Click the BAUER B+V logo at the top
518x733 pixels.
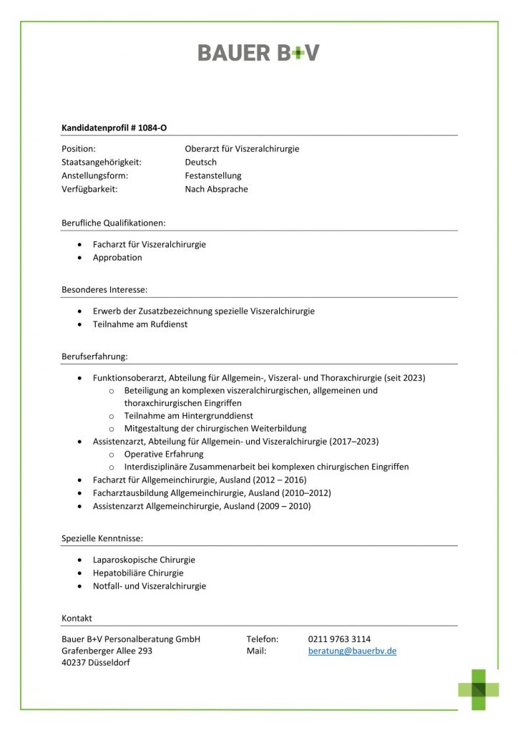258,52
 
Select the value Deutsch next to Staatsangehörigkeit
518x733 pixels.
200,162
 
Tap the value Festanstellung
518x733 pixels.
213,176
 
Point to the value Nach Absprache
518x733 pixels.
216,190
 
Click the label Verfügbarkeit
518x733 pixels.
89,190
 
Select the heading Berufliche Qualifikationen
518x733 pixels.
114,223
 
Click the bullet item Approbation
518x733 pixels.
117,258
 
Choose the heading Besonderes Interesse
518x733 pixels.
104,290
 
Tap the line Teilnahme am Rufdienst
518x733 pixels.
140,324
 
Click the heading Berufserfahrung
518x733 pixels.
94,356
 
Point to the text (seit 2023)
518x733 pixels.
405,378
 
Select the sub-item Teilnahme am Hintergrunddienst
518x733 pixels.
188,416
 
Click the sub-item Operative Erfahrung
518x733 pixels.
164,454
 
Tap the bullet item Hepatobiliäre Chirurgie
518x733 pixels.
138,573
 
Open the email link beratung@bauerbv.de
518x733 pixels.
352,651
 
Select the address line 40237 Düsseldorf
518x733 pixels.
96,664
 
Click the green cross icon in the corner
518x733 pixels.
479,689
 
